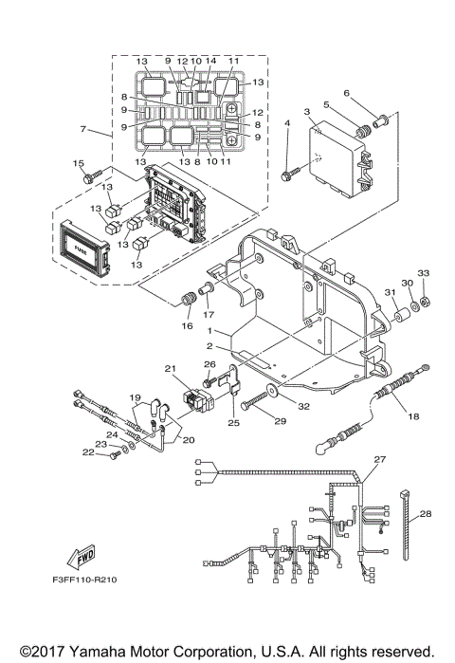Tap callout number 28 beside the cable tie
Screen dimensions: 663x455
point(424,514)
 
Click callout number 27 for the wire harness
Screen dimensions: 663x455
point(379,459)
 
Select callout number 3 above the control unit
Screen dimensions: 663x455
point(306,112)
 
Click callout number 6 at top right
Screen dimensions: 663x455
point(347,93)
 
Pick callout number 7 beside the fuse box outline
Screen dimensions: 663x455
point(84,128)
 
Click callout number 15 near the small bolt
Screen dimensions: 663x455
point(79,163)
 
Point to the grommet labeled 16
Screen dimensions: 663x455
point(186,302)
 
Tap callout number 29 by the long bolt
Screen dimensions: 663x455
point(280,419)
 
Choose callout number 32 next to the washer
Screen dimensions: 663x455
point(305,405)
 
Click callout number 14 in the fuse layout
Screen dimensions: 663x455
point(211,61)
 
